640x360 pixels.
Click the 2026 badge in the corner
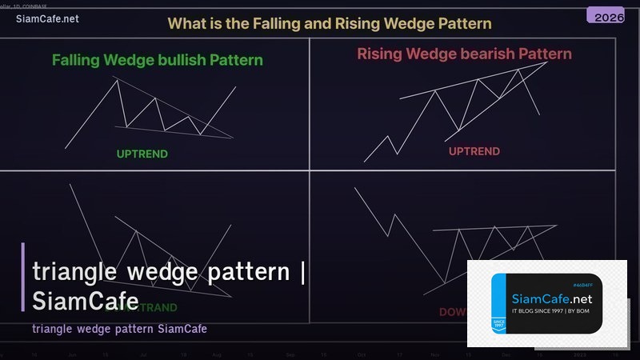click(x=606, y=16)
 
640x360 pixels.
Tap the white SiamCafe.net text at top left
click(x=47, y=18)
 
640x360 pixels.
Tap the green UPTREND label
click(x=142, y=154)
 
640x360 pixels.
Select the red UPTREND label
click(x=474, y=151)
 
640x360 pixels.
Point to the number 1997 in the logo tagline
click(x=558, y=310)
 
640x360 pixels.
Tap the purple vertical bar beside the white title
click(x=23, y=277)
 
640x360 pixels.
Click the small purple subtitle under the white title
click(x=120, y=329)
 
